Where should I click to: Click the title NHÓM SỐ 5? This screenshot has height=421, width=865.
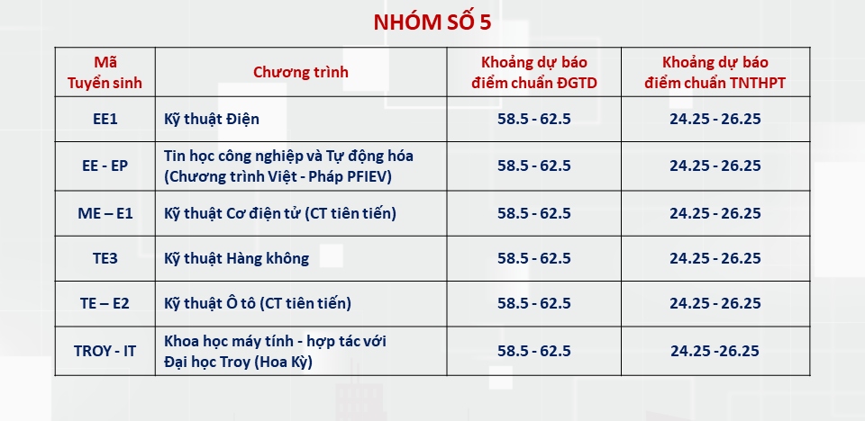click(x=432, y=22)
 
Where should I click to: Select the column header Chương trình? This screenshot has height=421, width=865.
click(x=301, y=72)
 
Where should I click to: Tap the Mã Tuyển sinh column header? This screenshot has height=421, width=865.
click(x=105, y=72)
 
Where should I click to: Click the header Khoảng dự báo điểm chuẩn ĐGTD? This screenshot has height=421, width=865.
click(x=534, y=72)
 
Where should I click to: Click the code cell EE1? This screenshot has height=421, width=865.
click(x=105, y=119)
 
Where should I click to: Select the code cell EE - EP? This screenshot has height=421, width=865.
click(x=105, y=166)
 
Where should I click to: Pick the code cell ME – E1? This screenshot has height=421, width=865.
click(x=105, y=213)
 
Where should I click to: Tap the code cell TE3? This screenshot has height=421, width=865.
click(x=105, y=258)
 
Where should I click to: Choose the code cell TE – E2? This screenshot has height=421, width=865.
click(x=105, y=303)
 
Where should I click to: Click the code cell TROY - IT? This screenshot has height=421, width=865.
click(x=105, y=351)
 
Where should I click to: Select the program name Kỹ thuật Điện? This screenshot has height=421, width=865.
click(x=211, y=120)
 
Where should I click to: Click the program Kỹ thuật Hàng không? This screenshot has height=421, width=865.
click(x=237, y=258)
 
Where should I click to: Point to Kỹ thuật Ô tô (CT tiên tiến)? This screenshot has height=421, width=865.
click(x=258, y=304)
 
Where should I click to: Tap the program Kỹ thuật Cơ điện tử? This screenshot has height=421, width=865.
click(x=232, y=214)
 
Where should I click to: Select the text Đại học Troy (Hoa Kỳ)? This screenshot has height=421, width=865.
click(x=238, y=363)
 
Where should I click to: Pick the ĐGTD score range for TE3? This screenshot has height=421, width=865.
click(x=534, y=258)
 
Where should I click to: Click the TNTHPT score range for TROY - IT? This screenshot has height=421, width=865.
click(x=715, y=351)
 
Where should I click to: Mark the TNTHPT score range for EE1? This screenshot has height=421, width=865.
click(x=715, y=119)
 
